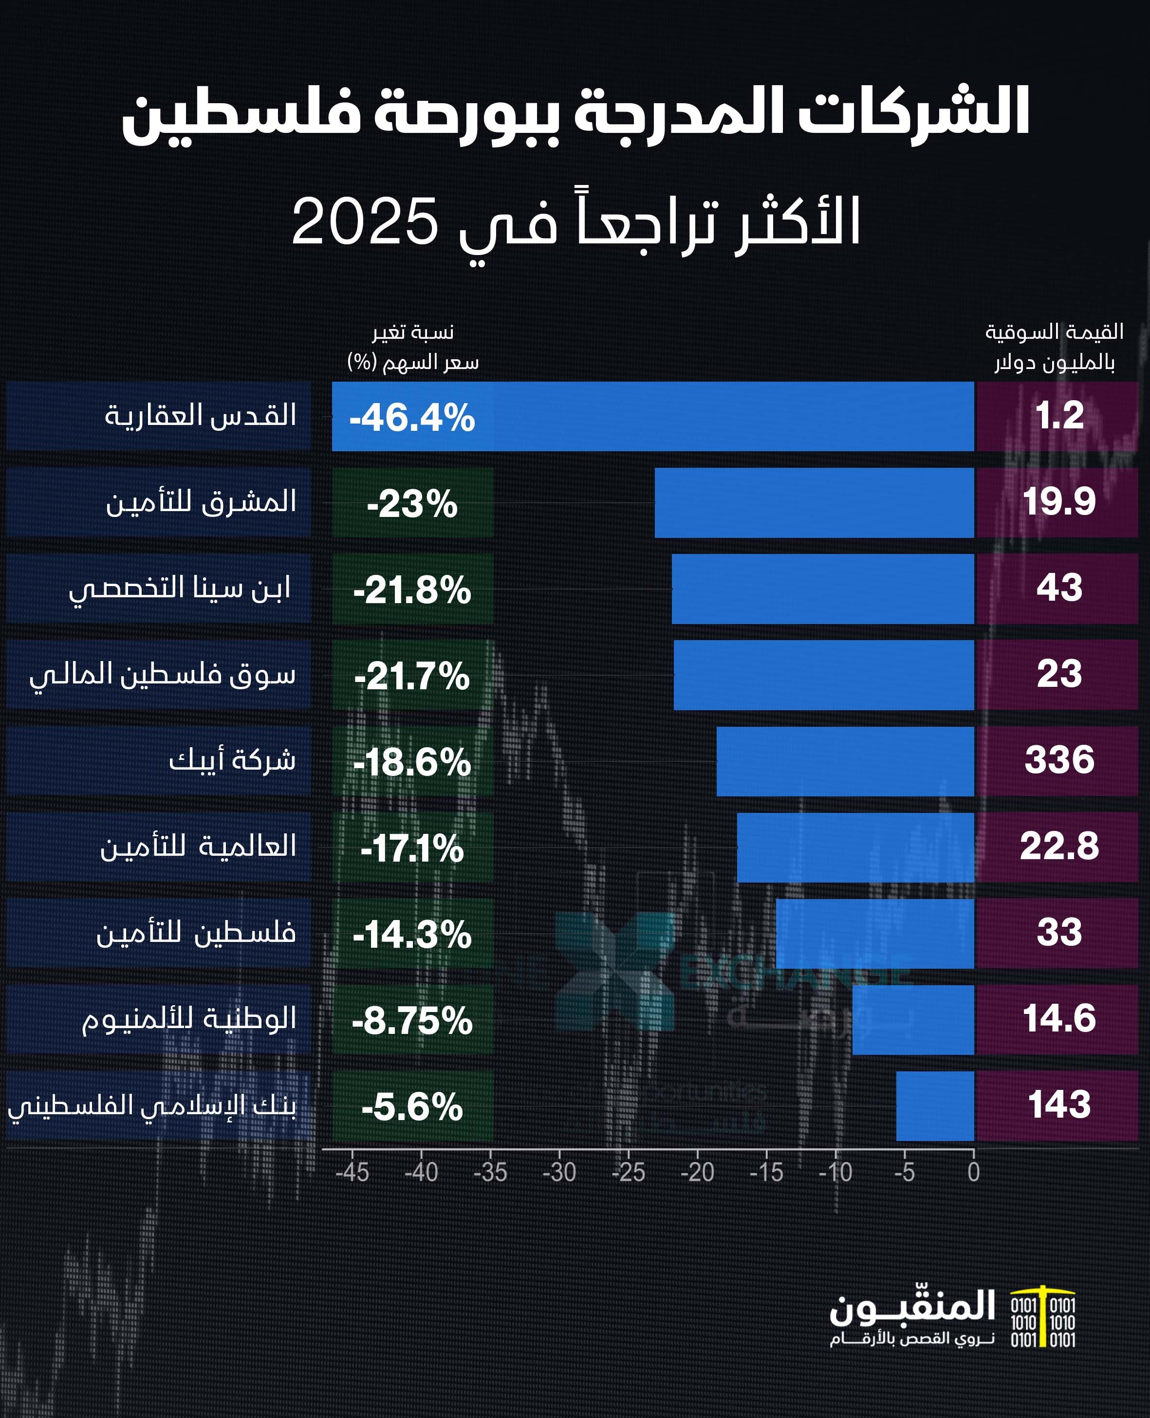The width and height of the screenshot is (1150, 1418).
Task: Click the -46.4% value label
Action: pos(412,417)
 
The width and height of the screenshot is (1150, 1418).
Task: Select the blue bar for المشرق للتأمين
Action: pos(814,503)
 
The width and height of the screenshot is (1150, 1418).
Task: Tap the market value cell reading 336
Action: pos(1058,760)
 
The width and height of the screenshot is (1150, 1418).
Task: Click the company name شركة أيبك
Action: pos(232,760)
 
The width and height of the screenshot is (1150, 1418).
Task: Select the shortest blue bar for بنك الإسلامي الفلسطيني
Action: pos(935,1106)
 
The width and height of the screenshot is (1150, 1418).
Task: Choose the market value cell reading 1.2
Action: pos(1058,416)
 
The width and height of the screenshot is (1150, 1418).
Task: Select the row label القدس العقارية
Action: pos(200,416)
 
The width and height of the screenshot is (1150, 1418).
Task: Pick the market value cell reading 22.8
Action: pos(1058,847)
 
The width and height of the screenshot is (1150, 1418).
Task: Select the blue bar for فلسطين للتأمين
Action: pos(874,933)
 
